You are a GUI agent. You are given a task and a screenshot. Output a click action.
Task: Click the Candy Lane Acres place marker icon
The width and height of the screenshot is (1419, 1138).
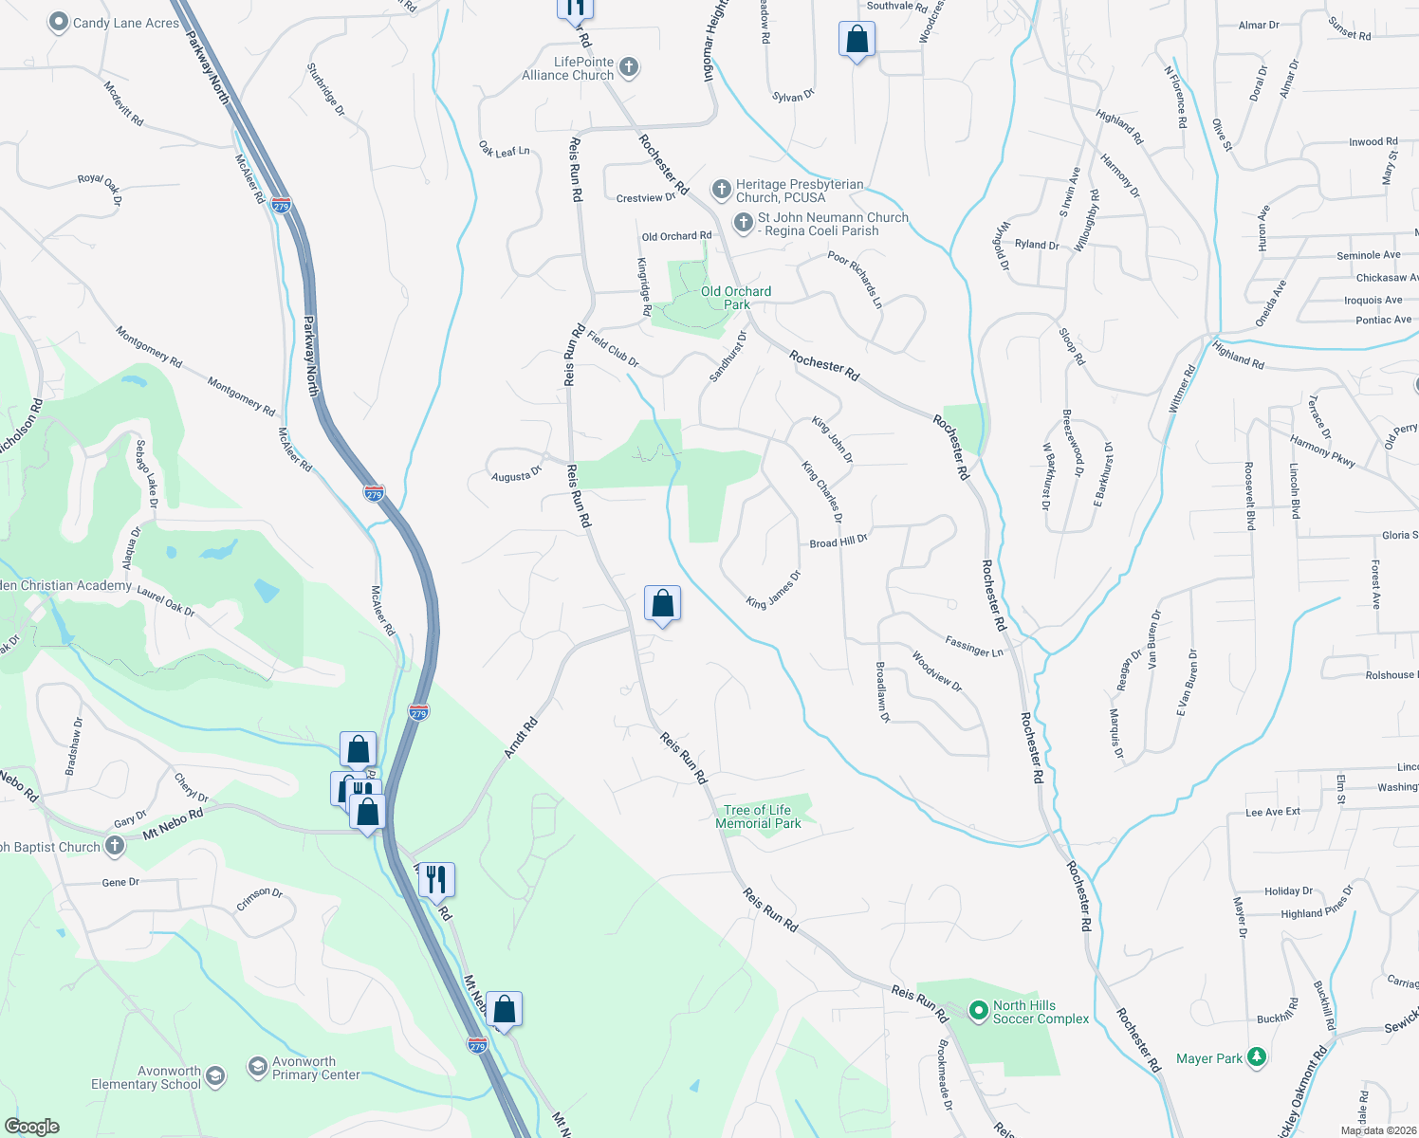coord(59,22)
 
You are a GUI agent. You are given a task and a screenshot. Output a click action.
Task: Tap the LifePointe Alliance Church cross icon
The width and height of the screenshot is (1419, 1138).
coord(628,67)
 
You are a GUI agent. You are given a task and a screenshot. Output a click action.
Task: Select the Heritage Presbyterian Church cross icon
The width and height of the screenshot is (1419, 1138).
coord(721,190)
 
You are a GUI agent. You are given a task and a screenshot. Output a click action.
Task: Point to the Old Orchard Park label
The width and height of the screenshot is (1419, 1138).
coord(736,298)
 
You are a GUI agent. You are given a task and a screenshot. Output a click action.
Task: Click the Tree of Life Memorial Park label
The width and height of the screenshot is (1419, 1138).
coord(758,817)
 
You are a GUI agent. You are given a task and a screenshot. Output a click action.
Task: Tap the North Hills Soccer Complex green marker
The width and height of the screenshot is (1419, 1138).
coord(979,1012)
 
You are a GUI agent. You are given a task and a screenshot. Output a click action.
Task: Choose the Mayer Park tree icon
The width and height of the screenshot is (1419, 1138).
coord(1257,1057)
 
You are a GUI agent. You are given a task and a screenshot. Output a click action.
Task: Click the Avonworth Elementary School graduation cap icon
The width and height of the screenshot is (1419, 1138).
coord(215,1076)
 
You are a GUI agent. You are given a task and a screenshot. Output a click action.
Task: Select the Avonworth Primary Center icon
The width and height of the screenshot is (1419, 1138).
coord(257,1068)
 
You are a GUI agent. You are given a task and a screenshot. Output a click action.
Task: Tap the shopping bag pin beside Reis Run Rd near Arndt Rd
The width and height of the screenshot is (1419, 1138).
coord(662,604)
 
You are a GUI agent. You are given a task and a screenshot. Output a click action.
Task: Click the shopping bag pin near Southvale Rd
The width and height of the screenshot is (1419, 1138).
coord(857,40)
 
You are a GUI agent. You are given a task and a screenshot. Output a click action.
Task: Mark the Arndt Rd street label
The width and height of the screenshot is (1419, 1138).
coord(521,737)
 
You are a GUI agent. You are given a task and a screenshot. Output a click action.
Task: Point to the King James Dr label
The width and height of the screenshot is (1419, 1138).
coord(773,590)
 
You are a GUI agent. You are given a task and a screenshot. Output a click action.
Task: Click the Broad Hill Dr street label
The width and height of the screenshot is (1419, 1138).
coord(838,541)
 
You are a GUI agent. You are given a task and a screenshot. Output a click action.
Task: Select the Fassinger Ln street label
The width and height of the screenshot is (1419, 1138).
coord(974,647)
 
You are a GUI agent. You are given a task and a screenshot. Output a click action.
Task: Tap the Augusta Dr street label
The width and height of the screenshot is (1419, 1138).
coord(516,473)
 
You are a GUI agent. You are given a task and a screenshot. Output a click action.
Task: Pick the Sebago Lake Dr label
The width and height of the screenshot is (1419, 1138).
coord(147,471)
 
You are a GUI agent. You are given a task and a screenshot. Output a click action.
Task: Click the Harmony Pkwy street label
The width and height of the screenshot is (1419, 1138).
coord(1322,450)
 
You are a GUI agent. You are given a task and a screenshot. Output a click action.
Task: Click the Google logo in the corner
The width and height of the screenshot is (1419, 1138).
coord(31,1126)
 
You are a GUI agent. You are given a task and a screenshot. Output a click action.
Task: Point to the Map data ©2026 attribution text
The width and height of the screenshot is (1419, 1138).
coord(1377,1129)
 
